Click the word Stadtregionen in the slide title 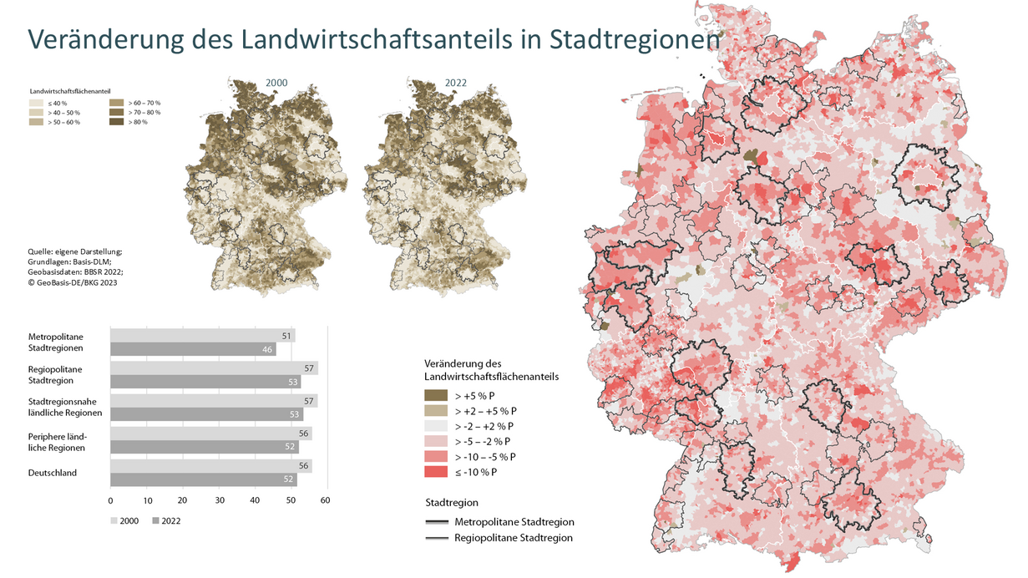(x=634, y=40)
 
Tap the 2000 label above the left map (x=276, y=84)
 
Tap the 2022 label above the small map (x=455, y=84)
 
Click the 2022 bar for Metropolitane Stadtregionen (x=193, y=349)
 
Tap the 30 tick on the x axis (x=219, y=500)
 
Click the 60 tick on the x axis (x=326, y=500)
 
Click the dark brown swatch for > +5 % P (x=435, y=395)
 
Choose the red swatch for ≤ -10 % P (x=435, y=472)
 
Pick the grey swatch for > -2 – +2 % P (x=435, y=426)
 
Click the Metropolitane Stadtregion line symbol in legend (x=436, y=522)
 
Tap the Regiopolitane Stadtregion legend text (x=514, y=538)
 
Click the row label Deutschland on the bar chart (x=53, y=473)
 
